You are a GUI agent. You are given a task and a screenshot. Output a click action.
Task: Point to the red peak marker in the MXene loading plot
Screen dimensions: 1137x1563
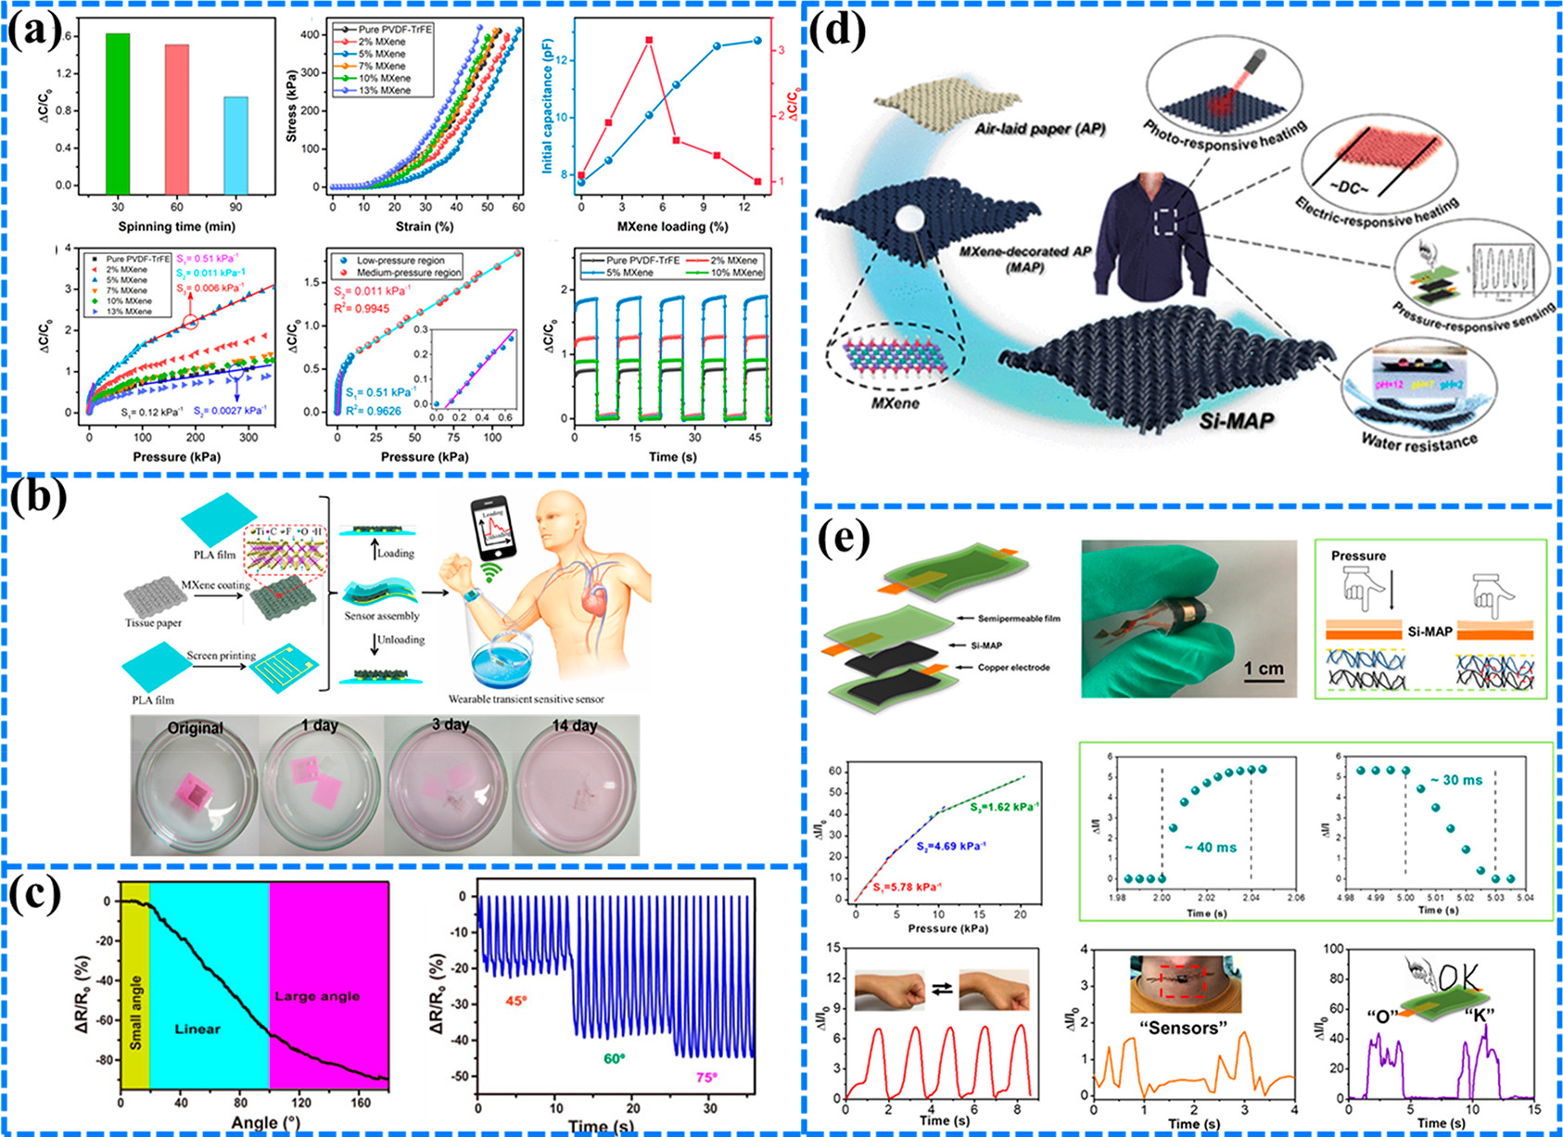tap(649, 40)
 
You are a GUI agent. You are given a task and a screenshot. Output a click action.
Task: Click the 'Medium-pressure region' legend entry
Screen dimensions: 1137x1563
tap(415, 273)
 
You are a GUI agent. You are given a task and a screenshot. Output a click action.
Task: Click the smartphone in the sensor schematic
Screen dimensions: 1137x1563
tap(490, 527)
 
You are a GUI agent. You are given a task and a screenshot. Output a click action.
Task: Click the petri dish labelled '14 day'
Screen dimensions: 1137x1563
tap(575, 784)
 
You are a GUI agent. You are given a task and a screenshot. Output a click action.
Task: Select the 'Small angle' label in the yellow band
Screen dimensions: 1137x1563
tap(135, 1013)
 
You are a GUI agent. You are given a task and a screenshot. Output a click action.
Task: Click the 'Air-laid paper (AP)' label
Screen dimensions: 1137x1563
tap(1039, 130)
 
